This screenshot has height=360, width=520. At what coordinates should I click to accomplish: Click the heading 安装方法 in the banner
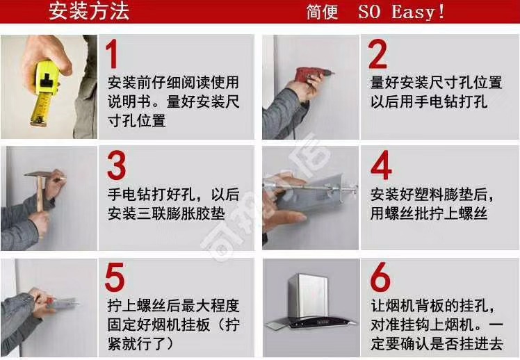89,11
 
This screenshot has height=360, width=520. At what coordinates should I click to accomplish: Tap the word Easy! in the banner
418,13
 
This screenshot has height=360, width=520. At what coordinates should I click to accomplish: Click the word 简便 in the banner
322,13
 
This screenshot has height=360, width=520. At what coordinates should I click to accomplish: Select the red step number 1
112,54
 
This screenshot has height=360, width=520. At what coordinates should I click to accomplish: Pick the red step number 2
377,54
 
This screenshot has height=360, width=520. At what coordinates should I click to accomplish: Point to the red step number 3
116,165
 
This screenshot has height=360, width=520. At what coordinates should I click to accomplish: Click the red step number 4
381,165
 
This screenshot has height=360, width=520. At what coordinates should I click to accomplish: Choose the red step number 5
115,277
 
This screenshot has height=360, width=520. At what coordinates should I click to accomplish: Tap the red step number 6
380,277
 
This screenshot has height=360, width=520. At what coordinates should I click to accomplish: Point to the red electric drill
311,74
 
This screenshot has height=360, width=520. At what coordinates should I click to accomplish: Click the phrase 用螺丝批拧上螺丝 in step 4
429,213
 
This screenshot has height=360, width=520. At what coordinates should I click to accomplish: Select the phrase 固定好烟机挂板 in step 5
159,325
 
